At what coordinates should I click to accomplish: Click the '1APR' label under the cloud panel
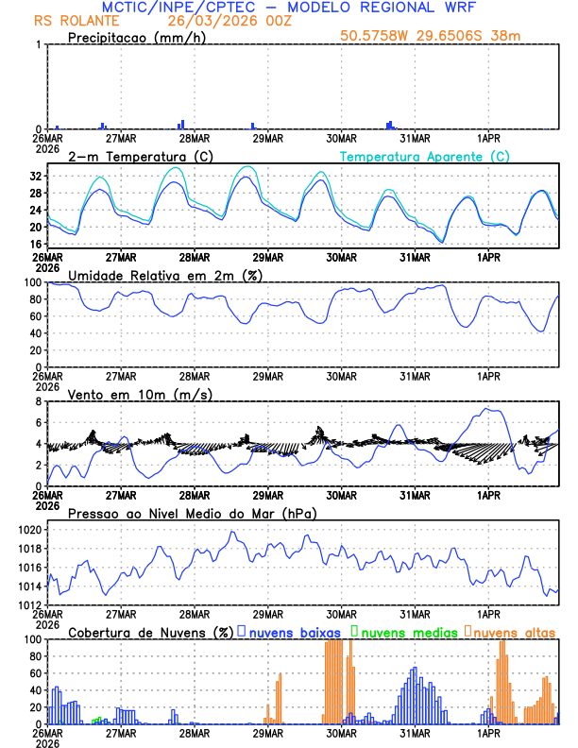[x=488, y=733]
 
